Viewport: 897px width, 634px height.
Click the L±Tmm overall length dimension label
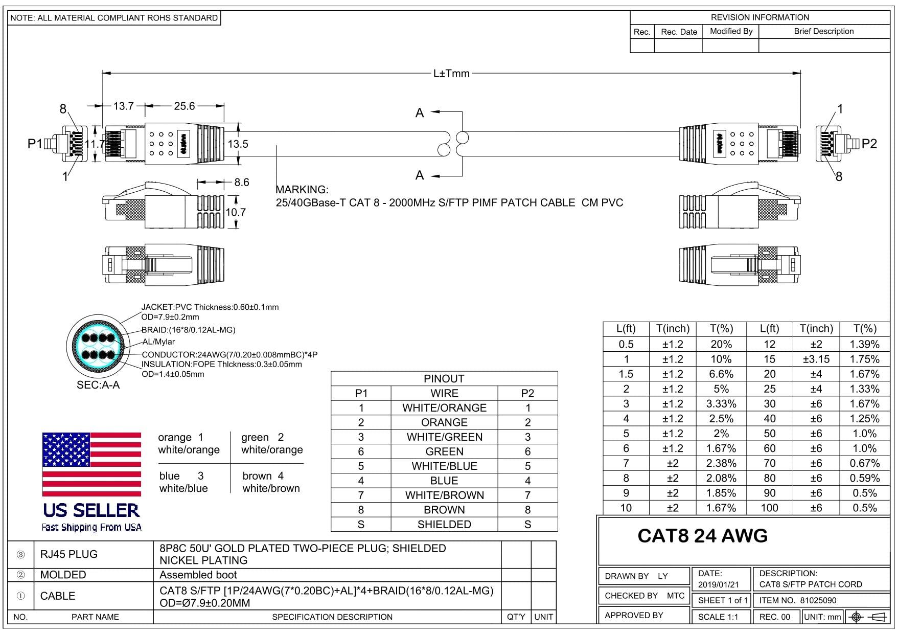coord(451,74)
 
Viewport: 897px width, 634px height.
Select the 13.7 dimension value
coord(123,106)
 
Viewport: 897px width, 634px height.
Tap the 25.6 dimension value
coord(184,106)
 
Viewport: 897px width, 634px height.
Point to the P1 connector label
coord(35,144)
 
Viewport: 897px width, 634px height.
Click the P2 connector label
coord(869,144)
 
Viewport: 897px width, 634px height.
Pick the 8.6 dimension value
coord(241,183)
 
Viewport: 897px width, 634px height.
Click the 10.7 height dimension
coord(236,212)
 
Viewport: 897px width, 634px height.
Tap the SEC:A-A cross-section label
coord(98,385)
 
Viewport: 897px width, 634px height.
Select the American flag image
coord(91,464)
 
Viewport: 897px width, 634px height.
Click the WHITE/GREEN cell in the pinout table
coord(444,437)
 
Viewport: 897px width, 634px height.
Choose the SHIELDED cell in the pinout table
coord(444,525)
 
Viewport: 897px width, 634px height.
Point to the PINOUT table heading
coord(444,379)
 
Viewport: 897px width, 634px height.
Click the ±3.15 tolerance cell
coord(816,359)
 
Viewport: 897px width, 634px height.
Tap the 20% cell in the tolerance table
coord(721,345)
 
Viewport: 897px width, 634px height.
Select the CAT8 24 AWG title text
coord(702,536)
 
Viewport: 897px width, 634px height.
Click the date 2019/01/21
coord(719,584)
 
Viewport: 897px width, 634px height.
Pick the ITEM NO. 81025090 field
coord(798,601)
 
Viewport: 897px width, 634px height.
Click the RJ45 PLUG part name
coord(68,554)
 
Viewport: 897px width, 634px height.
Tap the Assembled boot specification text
coord(198,575)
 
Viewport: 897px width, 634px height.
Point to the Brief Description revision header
coord(823,31)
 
